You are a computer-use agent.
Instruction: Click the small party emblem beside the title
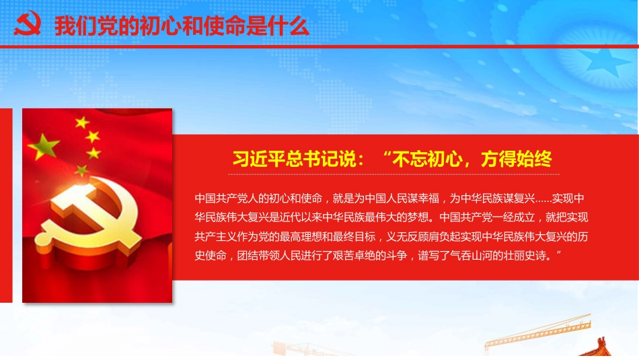28,24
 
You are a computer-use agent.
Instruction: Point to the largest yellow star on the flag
44,146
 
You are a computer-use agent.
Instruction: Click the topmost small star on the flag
82,122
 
